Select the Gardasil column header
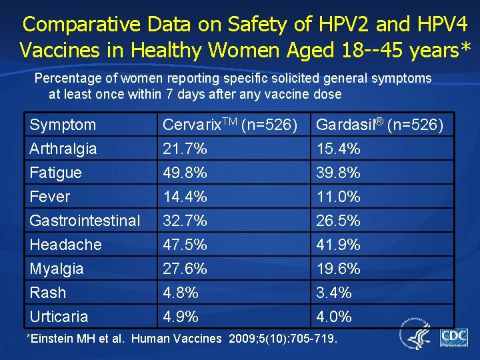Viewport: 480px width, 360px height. [379, 125]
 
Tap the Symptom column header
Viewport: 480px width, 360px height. [63, 125]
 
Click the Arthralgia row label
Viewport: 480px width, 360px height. [63, 149]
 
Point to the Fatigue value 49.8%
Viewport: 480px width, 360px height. [185, 173]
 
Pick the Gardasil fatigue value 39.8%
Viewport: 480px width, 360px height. [338, 173]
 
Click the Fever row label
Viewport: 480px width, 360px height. [50, 197]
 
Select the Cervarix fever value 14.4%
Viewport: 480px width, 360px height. [185, 197]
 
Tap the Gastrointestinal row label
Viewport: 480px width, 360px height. [85, 221]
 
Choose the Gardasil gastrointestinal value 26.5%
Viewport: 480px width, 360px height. [338, 221]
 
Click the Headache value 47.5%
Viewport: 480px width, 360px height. [185, 245]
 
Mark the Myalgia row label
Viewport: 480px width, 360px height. [57, 269]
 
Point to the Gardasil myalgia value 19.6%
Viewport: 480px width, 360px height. [338, 269]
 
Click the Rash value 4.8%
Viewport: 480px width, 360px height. [180, 293]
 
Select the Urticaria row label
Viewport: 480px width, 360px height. [59, 317]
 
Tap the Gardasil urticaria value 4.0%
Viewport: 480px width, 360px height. [333, 317]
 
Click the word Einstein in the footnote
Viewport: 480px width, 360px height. [51, 339]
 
